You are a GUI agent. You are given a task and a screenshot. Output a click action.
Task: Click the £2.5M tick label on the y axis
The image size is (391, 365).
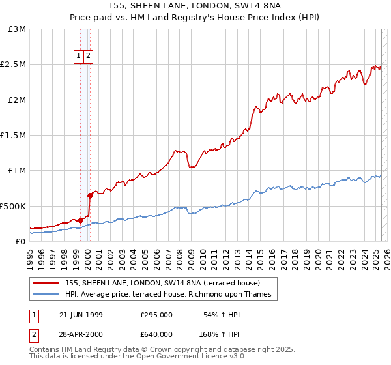pyautogui.click(x=14, y=65)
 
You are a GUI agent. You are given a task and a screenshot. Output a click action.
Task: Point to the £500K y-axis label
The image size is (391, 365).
pyautogui.click(x=13, y=206)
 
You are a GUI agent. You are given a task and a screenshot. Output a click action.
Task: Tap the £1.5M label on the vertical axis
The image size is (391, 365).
pyautogui.click(x=14, y=136)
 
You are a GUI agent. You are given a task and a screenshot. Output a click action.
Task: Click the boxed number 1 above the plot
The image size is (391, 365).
pyautogui.click(x=78, y=56)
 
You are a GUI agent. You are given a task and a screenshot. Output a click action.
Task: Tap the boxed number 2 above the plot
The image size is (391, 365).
pyautogui.click(x=88, y=56)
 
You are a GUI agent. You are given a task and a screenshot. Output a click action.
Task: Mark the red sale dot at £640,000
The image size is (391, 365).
pyautogui.click(x=91, y=196)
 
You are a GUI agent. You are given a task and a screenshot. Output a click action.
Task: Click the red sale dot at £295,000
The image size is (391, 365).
pyautogui.click(x=81, y=220)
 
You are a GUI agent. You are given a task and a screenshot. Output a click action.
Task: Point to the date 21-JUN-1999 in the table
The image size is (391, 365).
pyautogui.click(x=81, y=315)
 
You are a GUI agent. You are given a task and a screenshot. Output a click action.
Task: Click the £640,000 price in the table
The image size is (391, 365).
pyautogui.click(x=156, y=334)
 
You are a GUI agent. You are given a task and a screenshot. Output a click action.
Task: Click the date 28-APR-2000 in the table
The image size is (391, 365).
pyautogui.click(x=81, y=334)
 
